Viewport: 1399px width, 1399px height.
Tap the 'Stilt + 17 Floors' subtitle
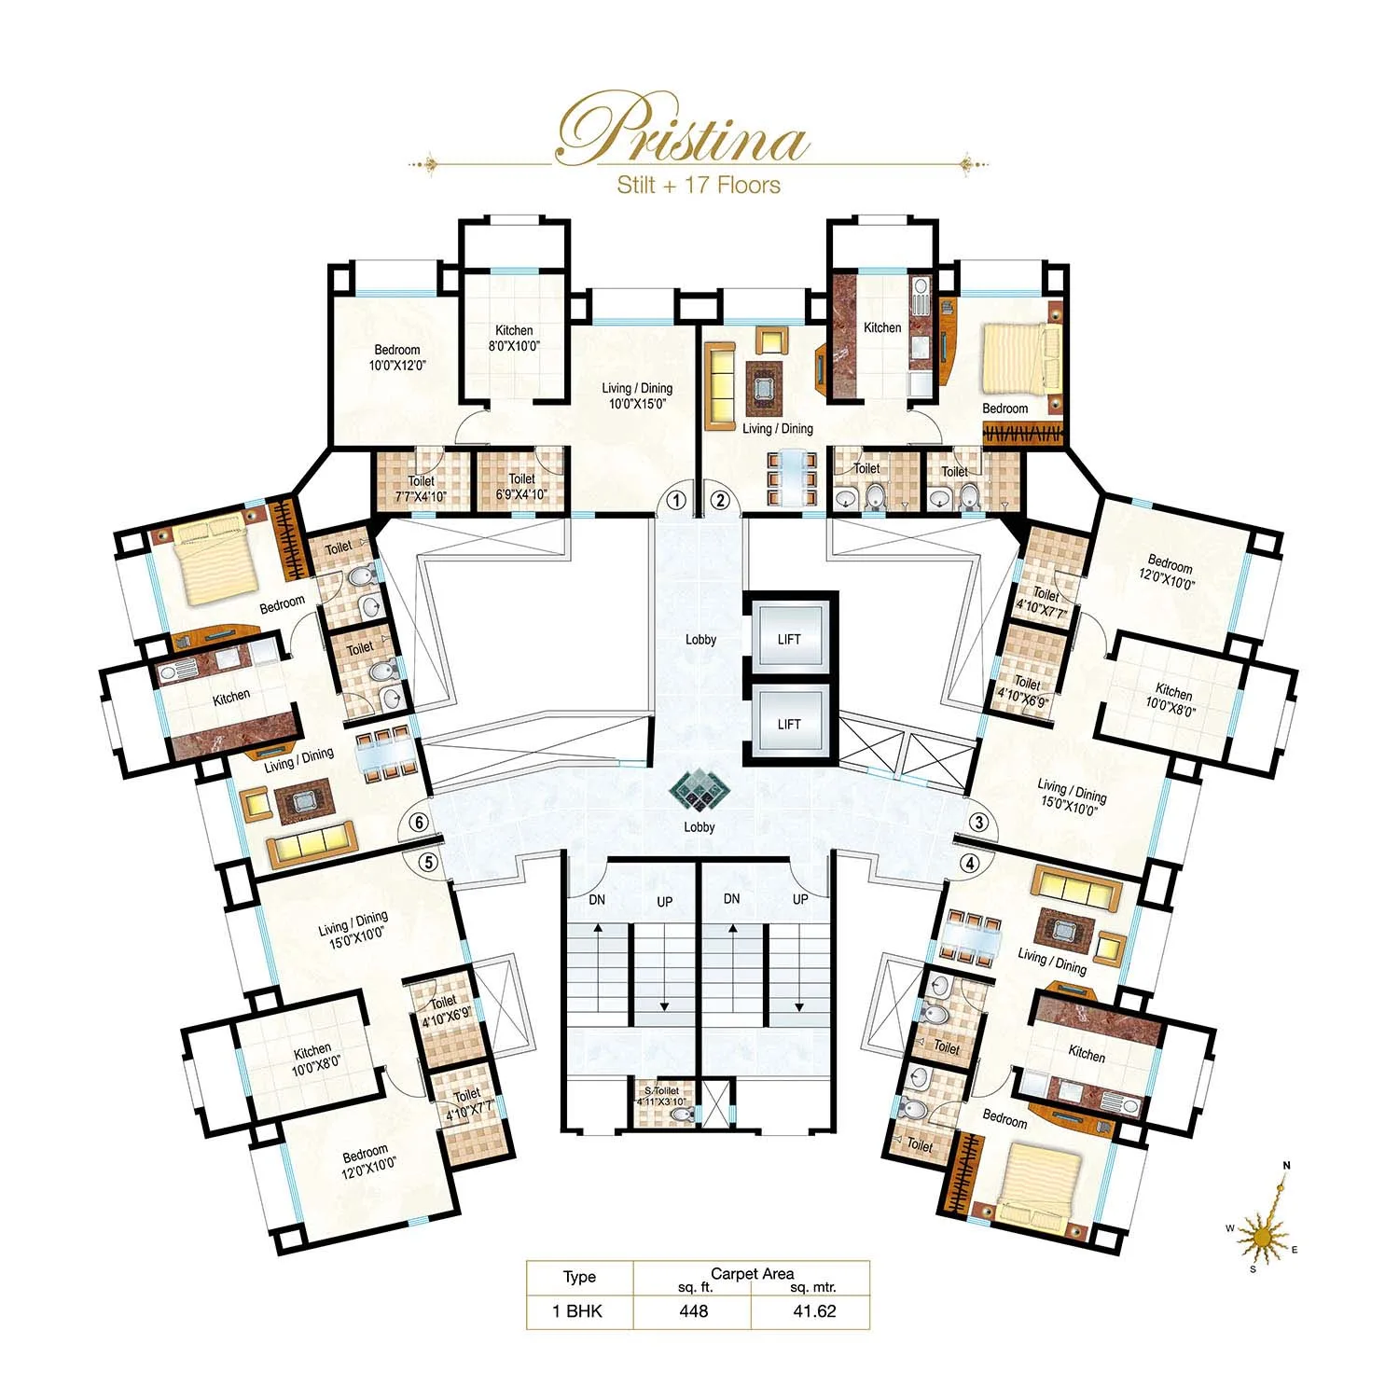(699, 185)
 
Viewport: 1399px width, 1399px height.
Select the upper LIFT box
(789, 639)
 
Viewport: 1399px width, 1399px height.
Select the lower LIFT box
(789, 724)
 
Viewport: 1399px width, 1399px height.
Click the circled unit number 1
(677, 500)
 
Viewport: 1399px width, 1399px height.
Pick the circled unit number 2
(720, 500)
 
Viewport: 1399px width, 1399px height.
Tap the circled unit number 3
(978, 823)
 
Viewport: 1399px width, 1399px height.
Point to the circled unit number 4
(970, 864)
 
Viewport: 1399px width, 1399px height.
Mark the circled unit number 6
(420, 823)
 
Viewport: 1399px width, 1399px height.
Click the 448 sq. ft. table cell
(694, 1310)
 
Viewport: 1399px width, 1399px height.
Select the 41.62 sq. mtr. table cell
(813, 1310)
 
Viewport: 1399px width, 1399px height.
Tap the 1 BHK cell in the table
(577, 1310)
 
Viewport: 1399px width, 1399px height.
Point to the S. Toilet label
(662, 1095)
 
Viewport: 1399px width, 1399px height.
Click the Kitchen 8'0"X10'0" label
(514, 338)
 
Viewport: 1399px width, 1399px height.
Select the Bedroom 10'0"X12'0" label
(397, 358)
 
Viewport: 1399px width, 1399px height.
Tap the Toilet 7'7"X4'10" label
(422, 488)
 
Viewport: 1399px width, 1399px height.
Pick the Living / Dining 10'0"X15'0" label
(637, 396)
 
